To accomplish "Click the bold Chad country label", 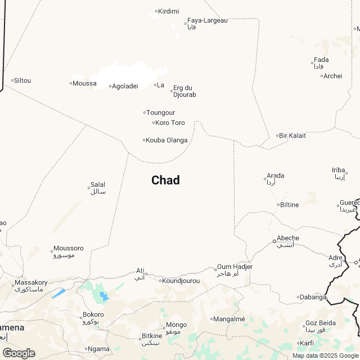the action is tap(165, 180).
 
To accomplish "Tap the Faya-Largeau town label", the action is tap(207, 21).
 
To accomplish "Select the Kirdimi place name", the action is tap(169, 11).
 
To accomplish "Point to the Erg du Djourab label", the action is tap(184, 91).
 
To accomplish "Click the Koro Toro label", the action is tap(170, 123).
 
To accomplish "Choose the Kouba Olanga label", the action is tap(166, 140).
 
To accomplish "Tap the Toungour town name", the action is tap(160, 112).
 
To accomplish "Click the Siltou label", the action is tap(22, 80).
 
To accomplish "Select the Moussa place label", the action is tap(85, 84).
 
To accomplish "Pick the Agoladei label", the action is tap(125, 86).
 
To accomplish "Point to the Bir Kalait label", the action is tap(292, 136).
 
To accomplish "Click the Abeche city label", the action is tap(287, 238).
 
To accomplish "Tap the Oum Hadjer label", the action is tap(235, 267).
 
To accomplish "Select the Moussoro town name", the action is tap(69, 248).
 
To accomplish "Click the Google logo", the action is tap(19, 353).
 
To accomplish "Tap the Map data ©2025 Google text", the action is tap(325, 355).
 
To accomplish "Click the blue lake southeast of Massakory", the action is tap(59, 293).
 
